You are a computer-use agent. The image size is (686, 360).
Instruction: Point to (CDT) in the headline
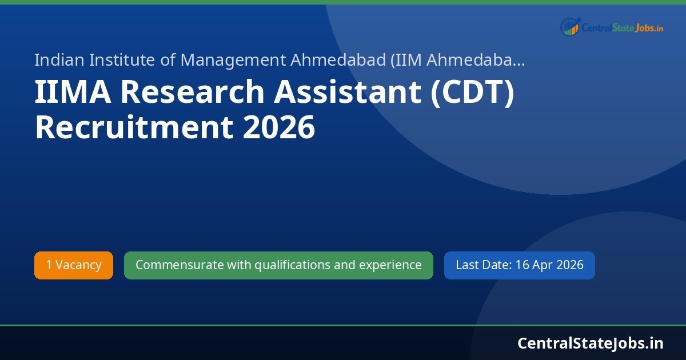pyautogui.click(x=472, y=91)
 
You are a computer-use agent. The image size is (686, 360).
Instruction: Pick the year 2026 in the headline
pyautogui.click(x=279, y=127)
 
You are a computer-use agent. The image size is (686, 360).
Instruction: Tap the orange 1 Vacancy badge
pyautogui.click(x=74, y=265)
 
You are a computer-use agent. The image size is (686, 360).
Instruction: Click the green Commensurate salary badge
pyautogui.click(x=278, y=265)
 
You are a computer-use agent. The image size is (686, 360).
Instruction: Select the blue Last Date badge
pyautogui.click(x=519, y=265)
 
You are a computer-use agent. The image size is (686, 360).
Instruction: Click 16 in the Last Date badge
pyautogui.click(x=522, y=265)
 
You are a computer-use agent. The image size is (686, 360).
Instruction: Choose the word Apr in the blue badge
pyautogui.click(x=543, y=265)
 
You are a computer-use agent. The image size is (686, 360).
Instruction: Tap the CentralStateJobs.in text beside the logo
pyautogui.click(x=622, y=27)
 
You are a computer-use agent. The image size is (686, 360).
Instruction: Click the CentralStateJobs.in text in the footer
pyautogui.click(x=591, y=343)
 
